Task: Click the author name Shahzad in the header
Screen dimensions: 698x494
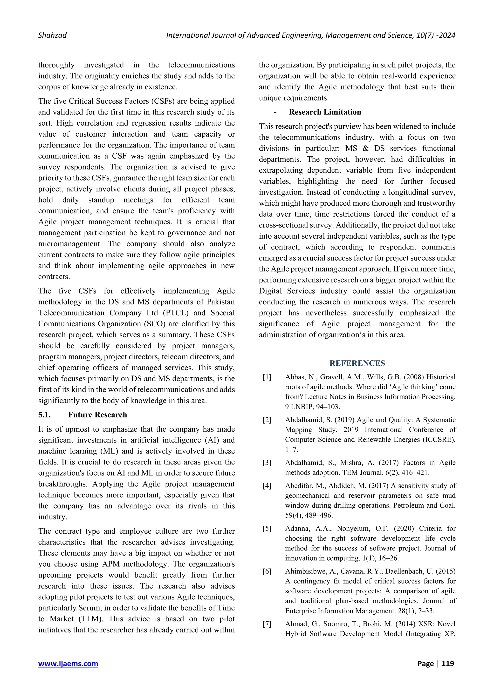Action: pyautogui.click(x=52, y=35)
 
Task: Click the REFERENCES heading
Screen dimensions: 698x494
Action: pyautogui.click(x=357, y=363)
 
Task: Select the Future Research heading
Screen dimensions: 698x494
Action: pyautogui.click(x=97, y=415)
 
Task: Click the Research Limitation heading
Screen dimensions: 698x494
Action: pyautogui.click(x=325, y=112)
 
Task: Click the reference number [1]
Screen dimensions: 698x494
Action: pyautogui.click(x=267, y=377)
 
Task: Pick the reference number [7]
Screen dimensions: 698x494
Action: pyautogui.click(x=267, y=624)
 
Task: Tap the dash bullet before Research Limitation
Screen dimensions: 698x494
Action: pyautogui.click(x=275, y=113)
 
